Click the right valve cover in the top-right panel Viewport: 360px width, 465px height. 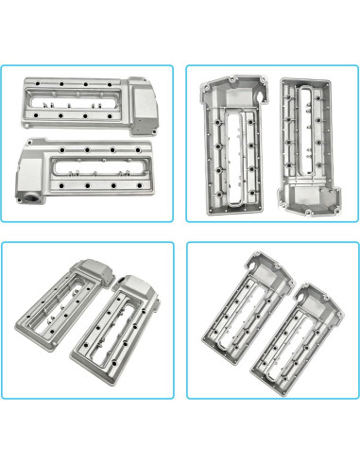coord(307,142)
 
